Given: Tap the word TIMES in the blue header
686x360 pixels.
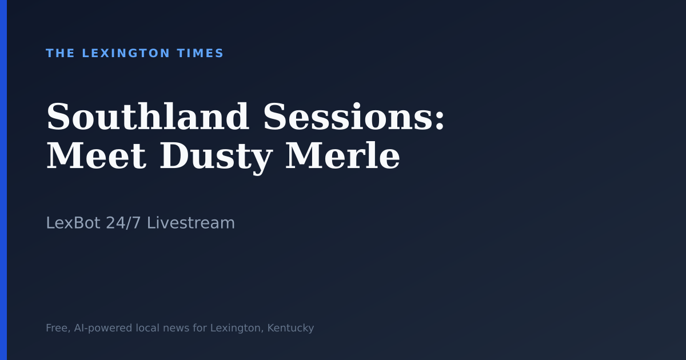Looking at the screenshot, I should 200,53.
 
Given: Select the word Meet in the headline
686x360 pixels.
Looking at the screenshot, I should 96,157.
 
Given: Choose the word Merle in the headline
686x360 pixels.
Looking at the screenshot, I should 342,157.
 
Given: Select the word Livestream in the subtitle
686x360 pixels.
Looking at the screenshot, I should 191,223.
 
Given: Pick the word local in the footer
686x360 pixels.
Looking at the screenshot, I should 147,328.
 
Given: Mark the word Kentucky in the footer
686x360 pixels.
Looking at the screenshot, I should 290,328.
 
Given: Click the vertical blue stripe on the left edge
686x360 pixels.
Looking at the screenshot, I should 3,180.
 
